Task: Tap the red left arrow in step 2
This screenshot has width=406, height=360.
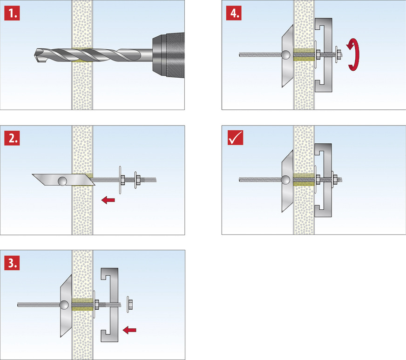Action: [109, 200]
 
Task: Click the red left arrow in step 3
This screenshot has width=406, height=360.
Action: [130, 330]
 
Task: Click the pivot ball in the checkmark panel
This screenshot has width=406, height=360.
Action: [285, 180]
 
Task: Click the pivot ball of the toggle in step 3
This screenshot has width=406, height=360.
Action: [64, 305]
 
